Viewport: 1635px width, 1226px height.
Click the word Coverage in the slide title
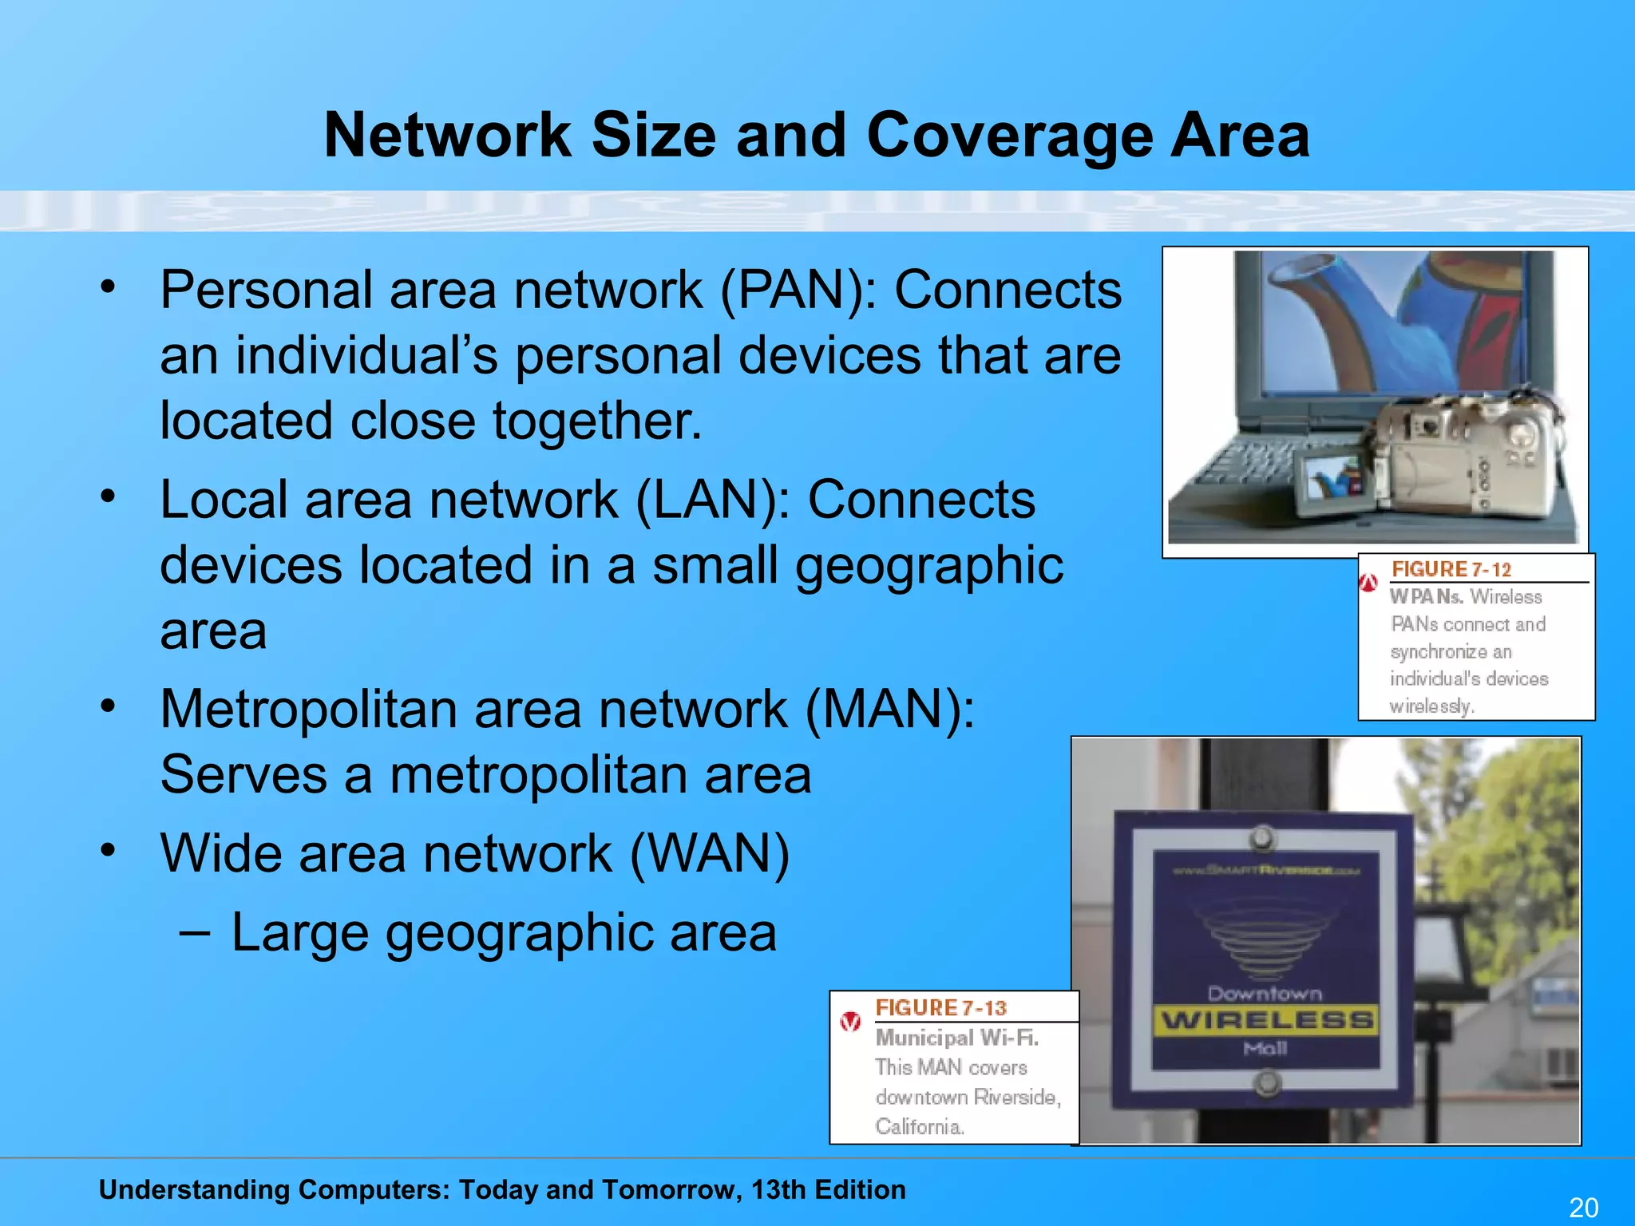pos(1008,136)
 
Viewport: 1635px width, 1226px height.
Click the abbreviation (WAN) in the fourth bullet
pos(710,853)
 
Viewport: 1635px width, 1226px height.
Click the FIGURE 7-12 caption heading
pos(1451,569)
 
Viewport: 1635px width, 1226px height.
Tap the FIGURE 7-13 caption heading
pos(940,1008)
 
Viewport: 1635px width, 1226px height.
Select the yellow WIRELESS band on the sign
pos(1267,1020)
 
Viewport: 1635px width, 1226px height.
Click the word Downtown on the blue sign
pos(1265,994)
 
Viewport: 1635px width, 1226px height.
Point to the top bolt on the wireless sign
pos(1262,838)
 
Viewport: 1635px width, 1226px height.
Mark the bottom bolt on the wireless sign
pos(1266,1083)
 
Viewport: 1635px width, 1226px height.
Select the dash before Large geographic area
pos(196,931)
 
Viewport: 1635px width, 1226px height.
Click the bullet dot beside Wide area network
pos(109,848)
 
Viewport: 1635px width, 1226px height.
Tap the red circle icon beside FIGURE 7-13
pos(850,1022)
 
